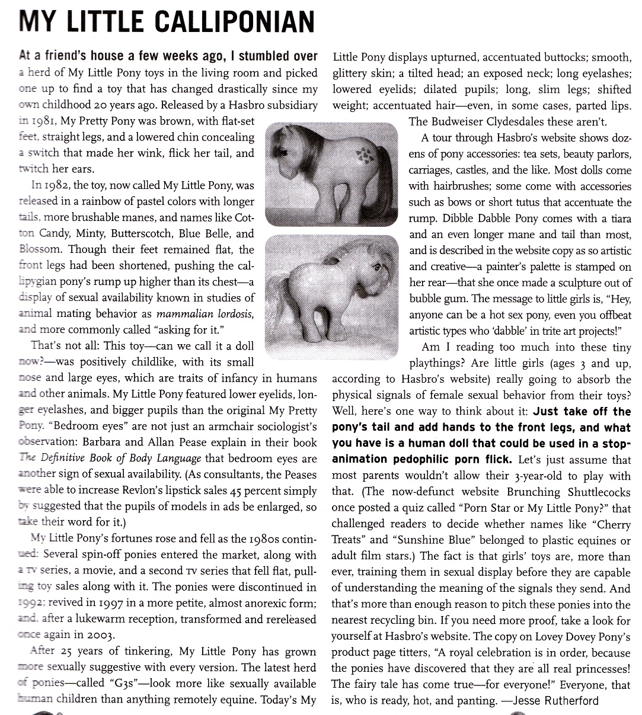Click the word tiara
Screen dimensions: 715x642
point(618,218)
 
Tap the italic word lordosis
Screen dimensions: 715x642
point(230,313)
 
